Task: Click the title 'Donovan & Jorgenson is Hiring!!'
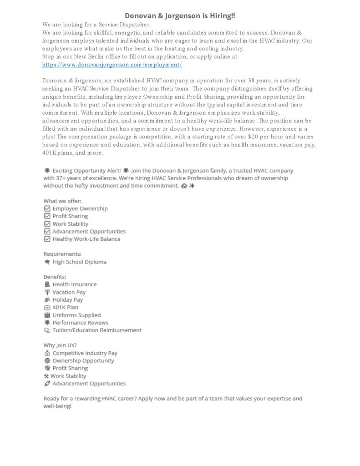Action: (x=180, y=16)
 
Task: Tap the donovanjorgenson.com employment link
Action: (x=112, y=65)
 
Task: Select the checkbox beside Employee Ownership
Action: (x=47, y=208)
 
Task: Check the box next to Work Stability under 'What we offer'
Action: (x=47, y=224)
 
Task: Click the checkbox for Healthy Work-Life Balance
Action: (x=47, y=239)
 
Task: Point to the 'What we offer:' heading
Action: (x=62, y=201)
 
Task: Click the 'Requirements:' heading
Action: (x=62, y=254)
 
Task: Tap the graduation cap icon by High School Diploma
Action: (x=47, y=262)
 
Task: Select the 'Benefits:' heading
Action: (x=55, y=277)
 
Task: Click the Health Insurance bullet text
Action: (x=74, y=284)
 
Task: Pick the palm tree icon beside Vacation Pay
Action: (x=47, y=292)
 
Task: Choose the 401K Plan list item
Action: (x=65, y=307)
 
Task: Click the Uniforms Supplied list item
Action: (x=76, y=315)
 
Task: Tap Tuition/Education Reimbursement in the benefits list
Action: (x=96, y=330)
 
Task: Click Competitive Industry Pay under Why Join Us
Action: (x=85, y=353)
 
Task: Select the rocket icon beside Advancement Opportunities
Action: (x=47, y=384)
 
